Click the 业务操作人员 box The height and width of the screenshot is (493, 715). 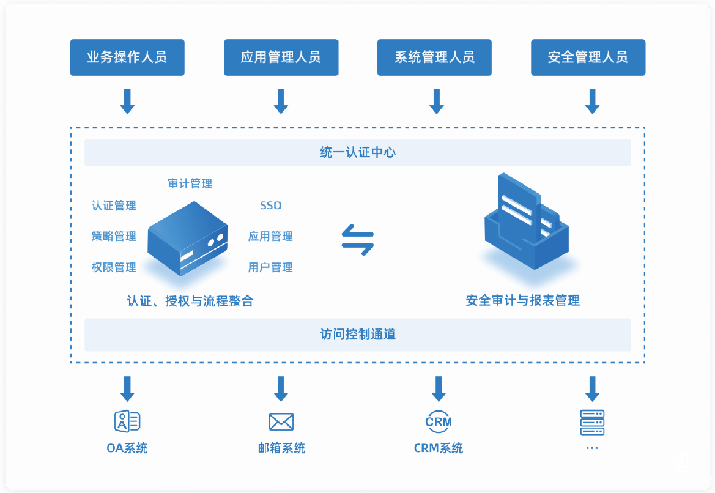127,57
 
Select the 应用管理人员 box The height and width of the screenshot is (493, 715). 281,57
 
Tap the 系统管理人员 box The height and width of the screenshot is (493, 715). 434,57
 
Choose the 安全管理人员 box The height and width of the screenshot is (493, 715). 588,57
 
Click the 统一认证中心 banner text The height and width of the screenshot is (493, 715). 357,152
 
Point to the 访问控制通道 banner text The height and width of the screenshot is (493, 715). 357,334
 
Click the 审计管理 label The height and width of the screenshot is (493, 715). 190,183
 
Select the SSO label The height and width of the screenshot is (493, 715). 271,206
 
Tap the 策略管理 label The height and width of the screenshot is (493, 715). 114,236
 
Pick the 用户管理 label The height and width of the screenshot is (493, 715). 270,267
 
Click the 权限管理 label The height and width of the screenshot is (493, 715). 114,267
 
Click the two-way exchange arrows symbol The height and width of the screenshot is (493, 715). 357,239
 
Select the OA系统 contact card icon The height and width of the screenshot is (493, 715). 127,421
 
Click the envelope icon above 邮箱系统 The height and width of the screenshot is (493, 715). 281,422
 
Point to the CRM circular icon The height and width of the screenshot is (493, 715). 439,421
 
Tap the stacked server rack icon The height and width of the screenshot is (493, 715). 591,422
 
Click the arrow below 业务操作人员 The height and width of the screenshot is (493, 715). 127,101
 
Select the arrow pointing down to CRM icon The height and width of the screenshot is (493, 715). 439,388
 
